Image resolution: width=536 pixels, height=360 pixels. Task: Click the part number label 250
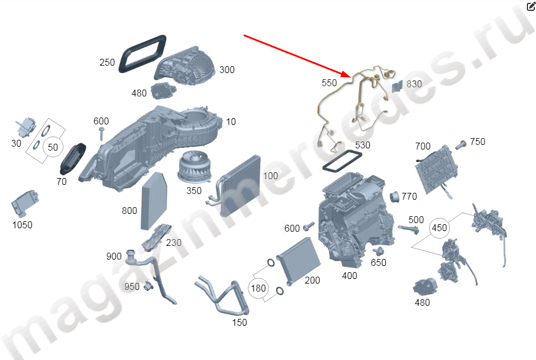[x=107, y=63]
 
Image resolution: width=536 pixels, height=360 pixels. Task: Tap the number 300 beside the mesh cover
[x=227, y=70]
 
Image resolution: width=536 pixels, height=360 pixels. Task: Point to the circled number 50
[x=53, y=147]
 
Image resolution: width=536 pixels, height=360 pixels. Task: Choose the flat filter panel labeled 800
[x=154, y=201]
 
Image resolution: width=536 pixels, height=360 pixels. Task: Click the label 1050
[x=22, y=225]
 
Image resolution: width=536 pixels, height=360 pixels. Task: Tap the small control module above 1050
[x=25, y=203]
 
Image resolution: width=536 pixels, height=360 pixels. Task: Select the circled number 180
[x=259, y=288]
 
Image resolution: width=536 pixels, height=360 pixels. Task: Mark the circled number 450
[x=440, y=228]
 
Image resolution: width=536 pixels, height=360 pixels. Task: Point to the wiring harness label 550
[x=329, y=83]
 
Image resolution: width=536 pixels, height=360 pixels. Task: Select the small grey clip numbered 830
[x=397, y=86]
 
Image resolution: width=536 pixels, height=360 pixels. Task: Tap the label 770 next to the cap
[x=409, y=196]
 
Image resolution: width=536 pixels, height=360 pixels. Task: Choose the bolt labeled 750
[x=461, y=145]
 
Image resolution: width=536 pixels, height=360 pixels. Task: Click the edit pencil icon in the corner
[x=531, y=6]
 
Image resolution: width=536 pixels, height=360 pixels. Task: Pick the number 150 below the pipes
[x=239, y=322]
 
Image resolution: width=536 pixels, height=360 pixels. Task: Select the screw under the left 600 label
[x=101, y=134]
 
